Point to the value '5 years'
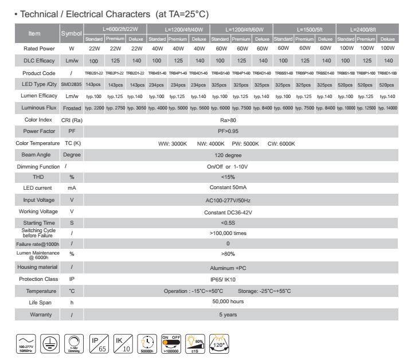[x=228, y=315]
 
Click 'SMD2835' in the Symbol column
[x=72, y=84]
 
